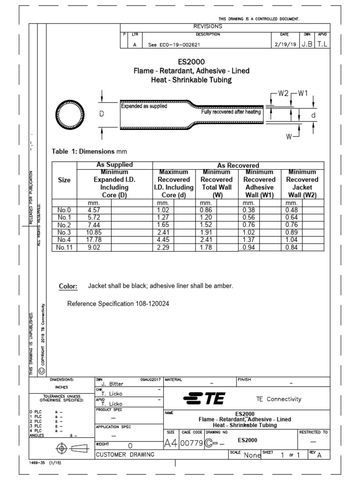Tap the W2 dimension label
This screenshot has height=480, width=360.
tap(283, 93)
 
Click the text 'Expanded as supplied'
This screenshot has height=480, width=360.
tap(144, 106)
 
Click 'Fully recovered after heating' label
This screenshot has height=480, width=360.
tap(231, 112)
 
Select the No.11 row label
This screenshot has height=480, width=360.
tap(64, 248)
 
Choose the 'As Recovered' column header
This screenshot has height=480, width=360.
tap(238, 165)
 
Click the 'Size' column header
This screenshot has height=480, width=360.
tap(64, 180)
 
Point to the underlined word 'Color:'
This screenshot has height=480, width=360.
tap(68, 286)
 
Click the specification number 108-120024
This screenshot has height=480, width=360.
tap(150, 304)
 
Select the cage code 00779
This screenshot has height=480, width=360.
tap(191, 443)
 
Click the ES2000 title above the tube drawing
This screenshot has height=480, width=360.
tap(191, 61)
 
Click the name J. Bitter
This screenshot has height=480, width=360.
tap(112, 384)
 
